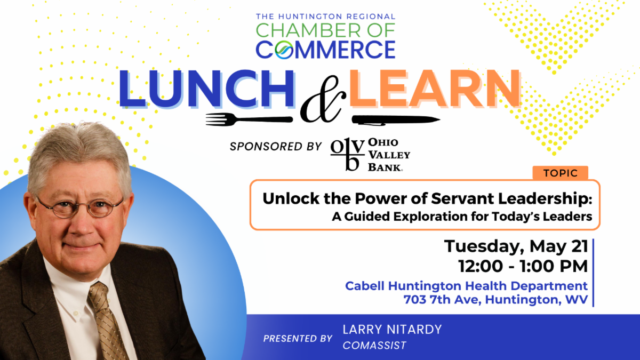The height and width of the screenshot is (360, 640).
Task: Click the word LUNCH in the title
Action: point(207,89)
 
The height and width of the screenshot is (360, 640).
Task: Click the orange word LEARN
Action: point(435,89)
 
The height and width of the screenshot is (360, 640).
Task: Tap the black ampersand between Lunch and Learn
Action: point(323,99)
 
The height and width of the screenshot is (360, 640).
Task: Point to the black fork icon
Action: point(249,119)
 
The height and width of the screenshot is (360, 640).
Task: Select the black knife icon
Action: point(396,119)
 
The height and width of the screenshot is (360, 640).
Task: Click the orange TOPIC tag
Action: point(561,173)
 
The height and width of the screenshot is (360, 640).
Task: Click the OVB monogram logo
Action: point(347,154)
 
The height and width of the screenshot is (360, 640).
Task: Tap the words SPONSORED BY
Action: point(276,146)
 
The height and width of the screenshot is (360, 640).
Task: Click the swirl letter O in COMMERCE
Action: point(284,50)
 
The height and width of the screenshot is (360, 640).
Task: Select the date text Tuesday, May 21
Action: point(516,246)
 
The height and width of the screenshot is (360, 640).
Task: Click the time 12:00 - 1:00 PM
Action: point(523,266)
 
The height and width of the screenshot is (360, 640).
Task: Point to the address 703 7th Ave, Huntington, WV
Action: point(495,299)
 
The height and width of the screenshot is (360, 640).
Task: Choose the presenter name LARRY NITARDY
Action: point(393,330)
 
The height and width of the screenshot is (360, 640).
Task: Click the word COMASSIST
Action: point(374,346)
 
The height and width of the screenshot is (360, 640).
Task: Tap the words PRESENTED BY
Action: point(298,339)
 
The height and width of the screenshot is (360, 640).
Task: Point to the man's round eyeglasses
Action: point(80,208)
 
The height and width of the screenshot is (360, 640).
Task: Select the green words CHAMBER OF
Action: point(325,30)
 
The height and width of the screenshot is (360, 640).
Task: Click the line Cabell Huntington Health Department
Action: point(466,286)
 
